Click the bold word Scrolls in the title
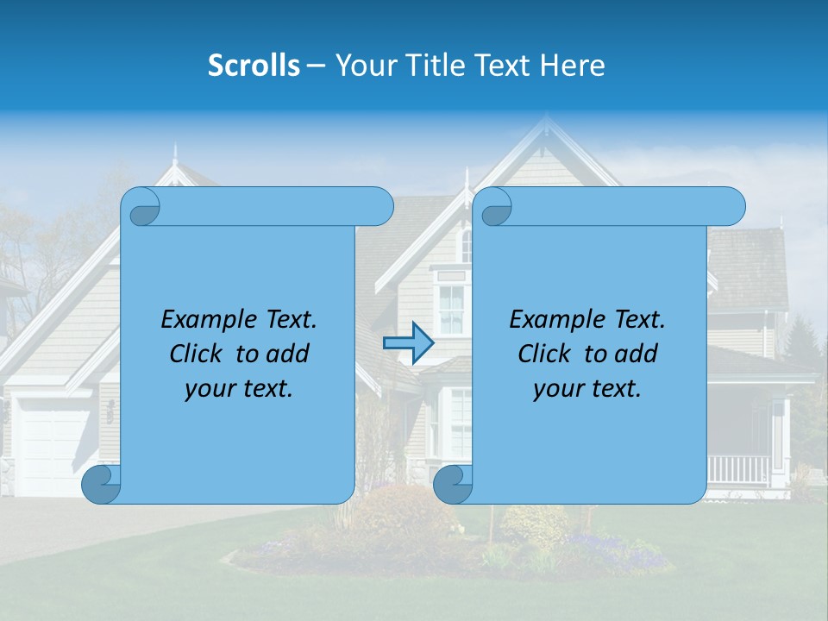coord(254,66)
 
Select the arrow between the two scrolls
coord(408,343)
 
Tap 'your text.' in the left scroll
coord(238,389)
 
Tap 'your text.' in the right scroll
coord(586,389)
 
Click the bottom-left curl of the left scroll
coord(100,483)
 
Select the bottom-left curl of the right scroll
coord(450,483)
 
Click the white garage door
coord(53,448)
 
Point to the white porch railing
coord(738,470)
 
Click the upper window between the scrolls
coord(451,307)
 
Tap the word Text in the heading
coord(500,66)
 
